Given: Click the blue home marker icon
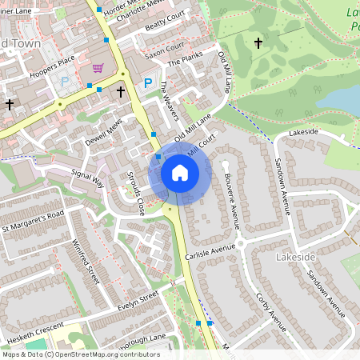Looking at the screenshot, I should tap(180, 173).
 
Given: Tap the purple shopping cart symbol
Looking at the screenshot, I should tap(98, 68).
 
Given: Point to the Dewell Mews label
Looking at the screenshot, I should tap(104, 132).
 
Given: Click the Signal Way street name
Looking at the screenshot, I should tap(88, 178).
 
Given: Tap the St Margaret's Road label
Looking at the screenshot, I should tap(32, 222).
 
